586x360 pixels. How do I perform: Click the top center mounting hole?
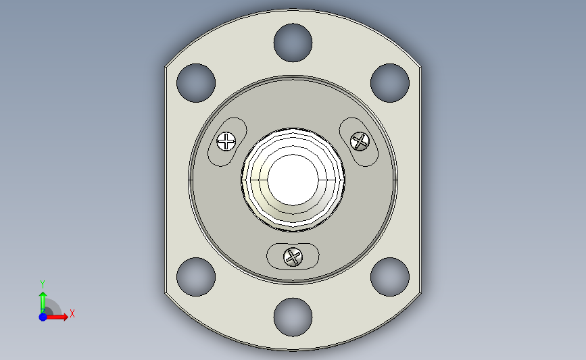(x=293, y=43)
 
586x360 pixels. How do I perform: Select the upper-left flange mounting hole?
(x=196, y=83)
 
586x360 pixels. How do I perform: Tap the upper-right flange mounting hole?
(x=390, y=83)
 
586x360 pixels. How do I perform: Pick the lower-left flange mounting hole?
(x=196, y=277)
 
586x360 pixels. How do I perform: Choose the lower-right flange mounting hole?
(x=390, y=277)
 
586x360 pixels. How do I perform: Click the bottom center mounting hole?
(x=293, y=317)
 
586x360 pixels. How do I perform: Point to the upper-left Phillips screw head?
(x=226, y=142)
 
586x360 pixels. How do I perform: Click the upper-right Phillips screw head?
(x=360, y=142)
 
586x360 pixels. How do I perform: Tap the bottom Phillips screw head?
(x=293, y=257)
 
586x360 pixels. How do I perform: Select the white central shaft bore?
(x=293, y=180)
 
